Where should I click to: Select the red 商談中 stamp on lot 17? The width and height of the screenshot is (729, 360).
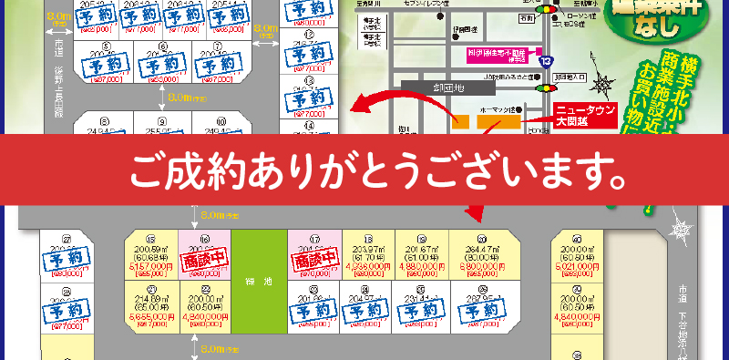pos(313,261)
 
